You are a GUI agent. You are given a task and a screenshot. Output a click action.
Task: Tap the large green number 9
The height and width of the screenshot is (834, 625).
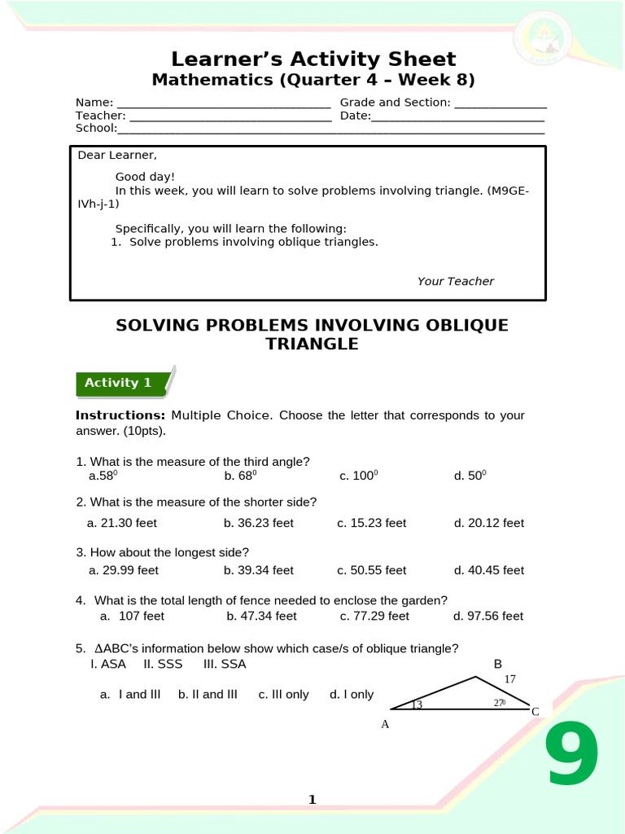click(572, 757)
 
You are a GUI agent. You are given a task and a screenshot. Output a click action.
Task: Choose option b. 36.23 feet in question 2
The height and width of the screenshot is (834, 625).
click(258, 523)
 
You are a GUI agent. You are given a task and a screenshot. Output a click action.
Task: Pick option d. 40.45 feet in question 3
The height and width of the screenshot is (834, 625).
click(488, 570)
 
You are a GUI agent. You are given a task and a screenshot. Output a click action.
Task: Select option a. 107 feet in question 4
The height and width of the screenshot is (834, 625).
click(132, 616)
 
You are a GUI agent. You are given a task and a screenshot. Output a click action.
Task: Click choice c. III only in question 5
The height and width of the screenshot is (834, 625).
click(283, 694)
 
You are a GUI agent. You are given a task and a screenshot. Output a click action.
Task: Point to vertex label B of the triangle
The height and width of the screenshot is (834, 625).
click(498, 665)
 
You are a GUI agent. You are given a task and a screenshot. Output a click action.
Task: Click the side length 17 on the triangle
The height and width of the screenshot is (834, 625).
click(510, 679)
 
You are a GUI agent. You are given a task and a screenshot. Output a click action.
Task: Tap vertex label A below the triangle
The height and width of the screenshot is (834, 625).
click(385, 724)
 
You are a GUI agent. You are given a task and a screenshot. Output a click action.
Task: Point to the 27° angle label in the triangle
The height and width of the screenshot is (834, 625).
click(500, 703)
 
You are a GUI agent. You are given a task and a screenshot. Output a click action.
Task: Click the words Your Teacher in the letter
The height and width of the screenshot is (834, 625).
click(455, 281)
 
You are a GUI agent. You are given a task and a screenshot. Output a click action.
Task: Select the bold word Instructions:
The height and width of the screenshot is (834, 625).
click(120, 415)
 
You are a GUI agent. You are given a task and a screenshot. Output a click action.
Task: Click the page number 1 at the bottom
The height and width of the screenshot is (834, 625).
click(312, 800)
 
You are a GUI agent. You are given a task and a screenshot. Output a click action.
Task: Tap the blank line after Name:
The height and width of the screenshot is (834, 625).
click(224, 103)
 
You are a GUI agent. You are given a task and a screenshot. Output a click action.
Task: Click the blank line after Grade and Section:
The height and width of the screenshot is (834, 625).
click(500, 103)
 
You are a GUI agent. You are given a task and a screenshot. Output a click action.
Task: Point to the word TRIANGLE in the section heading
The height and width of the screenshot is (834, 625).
click(312, 344)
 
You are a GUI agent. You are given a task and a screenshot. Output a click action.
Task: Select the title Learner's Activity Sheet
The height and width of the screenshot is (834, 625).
click(313, 59)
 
